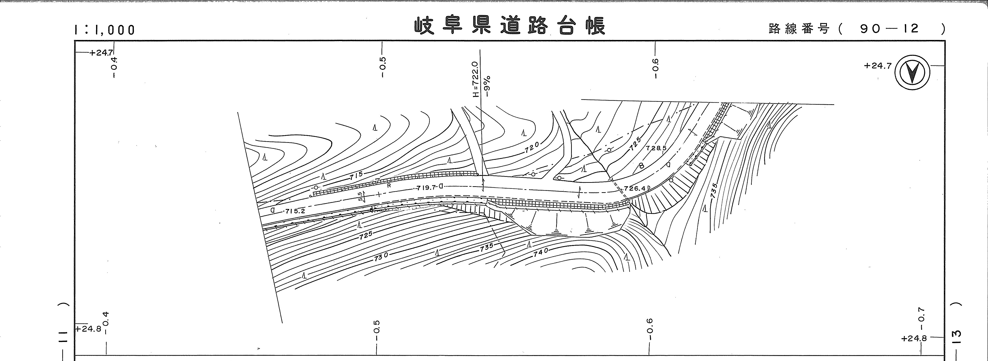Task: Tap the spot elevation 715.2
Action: [295, 211]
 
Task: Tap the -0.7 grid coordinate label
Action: [922, 315]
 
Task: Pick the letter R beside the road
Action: [389, 185]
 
